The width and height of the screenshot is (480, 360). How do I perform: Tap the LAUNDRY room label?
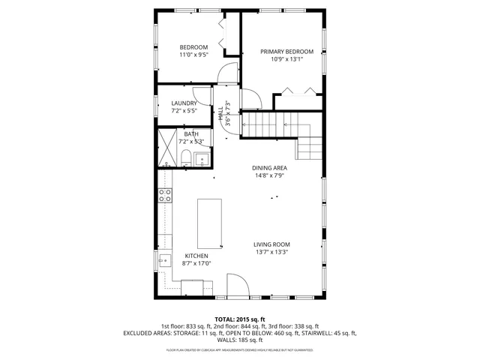coord(184,103)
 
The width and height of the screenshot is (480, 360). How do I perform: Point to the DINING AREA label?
coord(271,168)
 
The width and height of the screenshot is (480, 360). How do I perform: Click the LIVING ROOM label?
coord(271,244)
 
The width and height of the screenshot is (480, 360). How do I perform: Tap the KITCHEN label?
coord(196,256)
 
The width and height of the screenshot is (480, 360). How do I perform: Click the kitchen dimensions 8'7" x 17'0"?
coord(196,263)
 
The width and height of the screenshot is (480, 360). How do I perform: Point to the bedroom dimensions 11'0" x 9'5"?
coord(193,55)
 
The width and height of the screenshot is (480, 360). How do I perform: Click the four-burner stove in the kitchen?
coord(164,196)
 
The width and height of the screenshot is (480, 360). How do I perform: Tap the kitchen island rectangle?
coord(210,223)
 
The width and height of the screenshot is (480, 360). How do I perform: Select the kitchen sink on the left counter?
coord(164,260)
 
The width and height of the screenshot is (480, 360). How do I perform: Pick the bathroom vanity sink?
coord(201,158)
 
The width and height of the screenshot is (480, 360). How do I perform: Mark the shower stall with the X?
coord(166,147)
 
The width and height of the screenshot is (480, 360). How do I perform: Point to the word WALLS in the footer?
coord(214,340)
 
